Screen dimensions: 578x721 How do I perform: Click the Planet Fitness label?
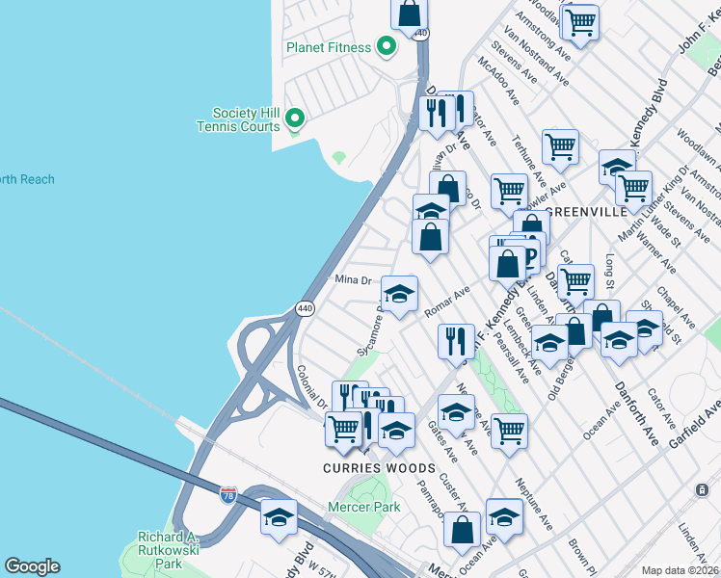pyautogui.click(x=328, y=47)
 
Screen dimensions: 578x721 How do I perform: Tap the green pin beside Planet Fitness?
pyautogui.click(x=387, y=45)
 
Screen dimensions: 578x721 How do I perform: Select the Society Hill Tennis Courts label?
pyautogui.click(x=238, y=119)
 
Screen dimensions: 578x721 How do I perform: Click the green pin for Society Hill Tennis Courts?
pyautogui.click(x=296, y=119)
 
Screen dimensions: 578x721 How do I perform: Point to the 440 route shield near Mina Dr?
pyautogui.click(x=305, y=308)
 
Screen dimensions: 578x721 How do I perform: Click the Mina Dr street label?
pyautogui.click(x=353, y=280)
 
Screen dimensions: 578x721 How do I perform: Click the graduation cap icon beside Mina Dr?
pyautogui.click(x=399, y=293)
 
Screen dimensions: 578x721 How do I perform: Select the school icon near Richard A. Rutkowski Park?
pyautogui.click(x=279, y=516)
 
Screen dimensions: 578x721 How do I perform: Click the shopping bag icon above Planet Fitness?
pyautogui.click(x=409, y=13)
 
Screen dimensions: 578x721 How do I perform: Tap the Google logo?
pyautogui.click(x=33, y=566)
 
